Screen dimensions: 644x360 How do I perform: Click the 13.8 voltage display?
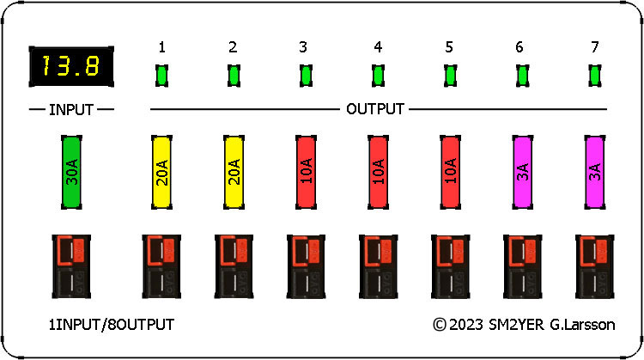tap(71, 66)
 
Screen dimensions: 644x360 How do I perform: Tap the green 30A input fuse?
tap(71, 172)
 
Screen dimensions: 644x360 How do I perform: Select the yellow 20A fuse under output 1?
tap(161, 172)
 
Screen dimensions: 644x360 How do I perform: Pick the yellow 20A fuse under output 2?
tap(234, 172)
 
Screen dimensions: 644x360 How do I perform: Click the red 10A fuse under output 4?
tap(379, 172)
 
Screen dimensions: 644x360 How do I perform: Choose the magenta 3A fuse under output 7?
tap(595, 172)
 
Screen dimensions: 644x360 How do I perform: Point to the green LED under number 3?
tap(306, 76)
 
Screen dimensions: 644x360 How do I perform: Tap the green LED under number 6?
tap(522, 76)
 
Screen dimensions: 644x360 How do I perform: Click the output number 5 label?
tap(449, 47)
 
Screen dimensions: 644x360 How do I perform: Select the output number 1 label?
tap(161, 47)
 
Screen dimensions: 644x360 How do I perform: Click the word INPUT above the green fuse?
tap(71, 110)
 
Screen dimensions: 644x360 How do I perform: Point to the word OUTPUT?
tap(375, 109)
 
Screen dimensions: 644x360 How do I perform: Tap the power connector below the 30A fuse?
tap(71, 266)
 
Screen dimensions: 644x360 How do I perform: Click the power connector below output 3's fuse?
tap(306, 266)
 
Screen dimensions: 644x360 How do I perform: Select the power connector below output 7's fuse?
tap(595, 266)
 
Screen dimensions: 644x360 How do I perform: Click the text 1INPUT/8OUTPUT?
tap(112, 325)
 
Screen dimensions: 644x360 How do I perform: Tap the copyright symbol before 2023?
tap(440, 325)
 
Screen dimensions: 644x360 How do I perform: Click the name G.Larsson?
tap(582, 325)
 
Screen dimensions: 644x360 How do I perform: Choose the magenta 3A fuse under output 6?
tap(522, 172)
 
